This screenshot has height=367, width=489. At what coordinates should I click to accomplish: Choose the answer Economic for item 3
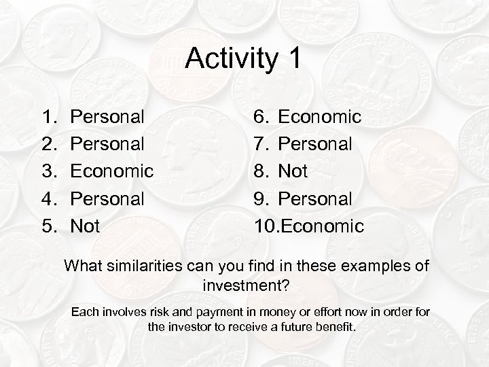112,171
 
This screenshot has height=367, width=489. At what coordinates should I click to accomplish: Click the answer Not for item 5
85,226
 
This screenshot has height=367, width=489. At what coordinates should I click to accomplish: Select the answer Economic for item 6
320,117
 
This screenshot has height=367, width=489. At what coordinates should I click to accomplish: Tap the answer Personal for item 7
316,144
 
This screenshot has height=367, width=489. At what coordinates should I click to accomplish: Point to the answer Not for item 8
293,171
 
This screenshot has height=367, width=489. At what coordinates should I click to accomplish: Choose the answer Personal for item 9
316,198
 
